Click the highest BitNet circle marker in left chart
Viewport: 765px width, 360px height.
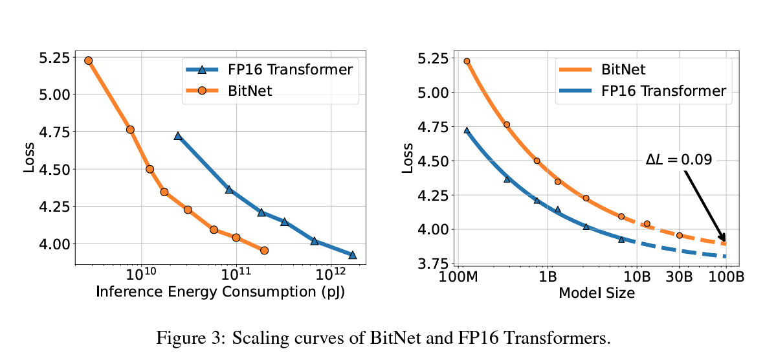pyautogui.click(x=89, y=60)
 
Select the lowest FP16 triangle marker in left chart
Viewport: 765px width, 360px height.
pyautogui.click(x=353, y=255)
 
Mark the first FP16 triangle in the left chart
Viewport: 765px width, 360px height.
pyautogui.click(x=178, y=136)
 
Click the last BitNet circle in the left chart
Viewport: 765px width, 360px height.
pyautogui.click(x=264, y=250)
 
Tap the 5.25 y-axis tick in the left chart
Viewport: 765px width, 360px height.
pyautogui.click(x=52, y=58)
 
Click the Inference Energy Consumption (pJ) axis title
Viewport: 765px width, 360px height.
pyautogui.click(x=220, y=292)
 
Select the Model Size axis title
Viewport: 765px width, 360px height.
pyautogui.click(x=596, y=293)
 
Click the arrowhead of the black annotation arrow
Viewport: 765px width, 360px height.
pyautogui.click(x=723, y=240)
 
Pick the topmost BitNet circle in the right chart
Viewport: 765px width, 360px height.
pyautogui.click(x=467, y=61)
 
